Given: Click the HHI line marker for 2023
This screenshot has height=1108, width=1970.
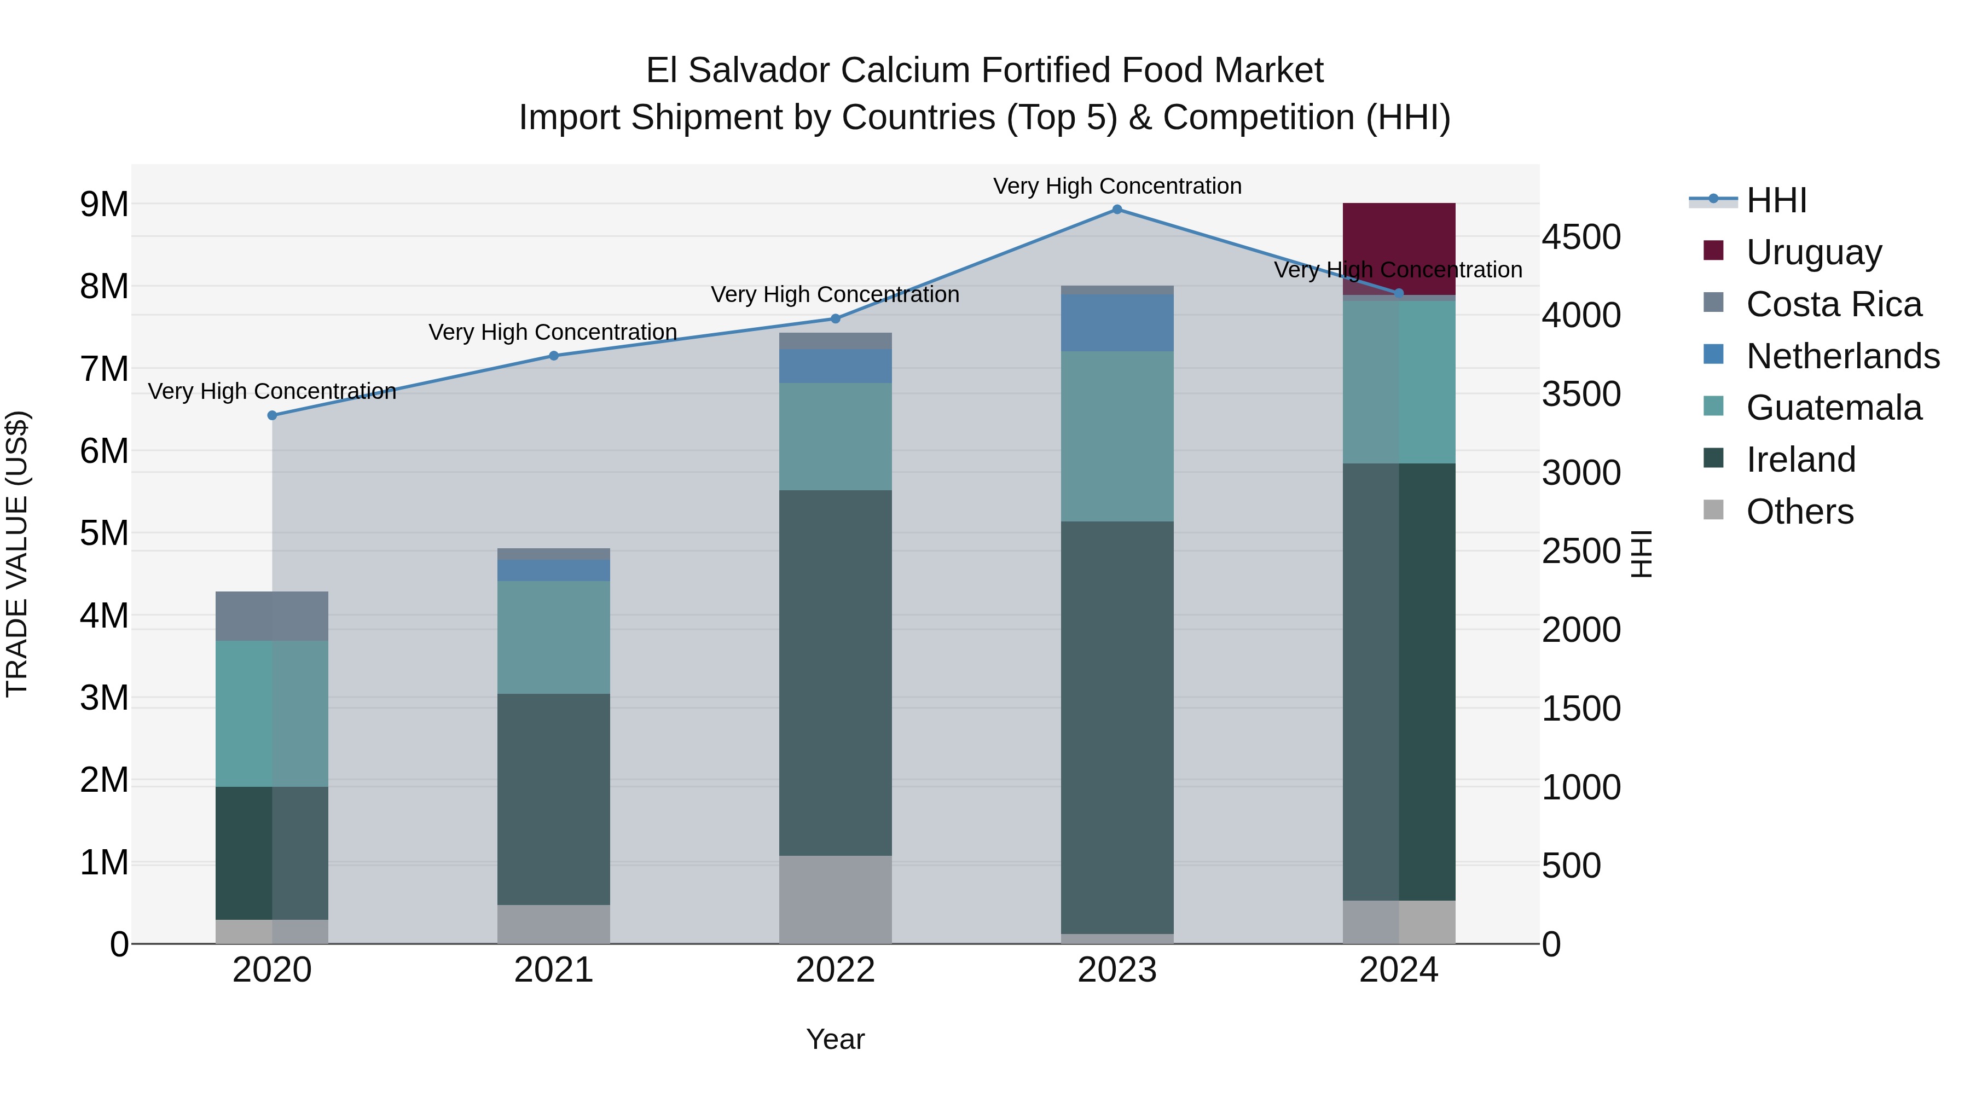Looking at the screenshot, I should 1116,210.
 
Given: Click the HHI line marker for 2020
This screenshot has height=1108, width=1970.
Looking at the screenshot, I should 273,415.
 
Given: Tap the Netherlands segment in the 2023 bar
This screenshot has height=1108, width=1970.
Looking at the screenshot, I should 1116,323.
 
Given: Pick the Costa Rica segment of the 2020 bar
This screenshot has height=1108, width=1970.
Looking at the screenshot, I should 273,616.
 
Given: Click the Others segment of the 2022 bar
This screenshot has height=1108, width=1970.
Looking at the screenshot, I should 835,899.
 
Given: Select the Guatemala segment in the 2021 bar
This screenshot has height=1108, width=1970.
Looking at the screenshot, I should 554,637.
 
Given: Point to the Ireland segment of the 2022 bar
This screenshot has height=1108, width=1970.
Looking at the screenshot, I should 835,673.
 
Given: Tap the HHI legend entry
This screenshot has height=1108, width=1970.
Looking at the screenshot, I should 1776,200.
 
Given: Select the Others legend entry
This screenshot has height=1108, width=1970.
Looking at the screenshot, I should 1799,512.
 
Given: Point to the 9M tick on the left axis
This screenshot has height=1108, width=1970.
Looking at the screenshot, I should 104,204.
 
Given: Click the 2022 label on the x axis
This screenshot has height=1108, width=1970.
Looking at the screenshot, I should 835,970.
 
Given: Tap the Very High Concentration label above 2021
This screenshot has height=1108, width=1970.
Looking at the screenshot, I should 552,332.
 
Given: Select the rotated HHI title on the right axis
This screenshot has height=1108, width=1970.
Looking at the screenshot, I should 1642,554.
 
